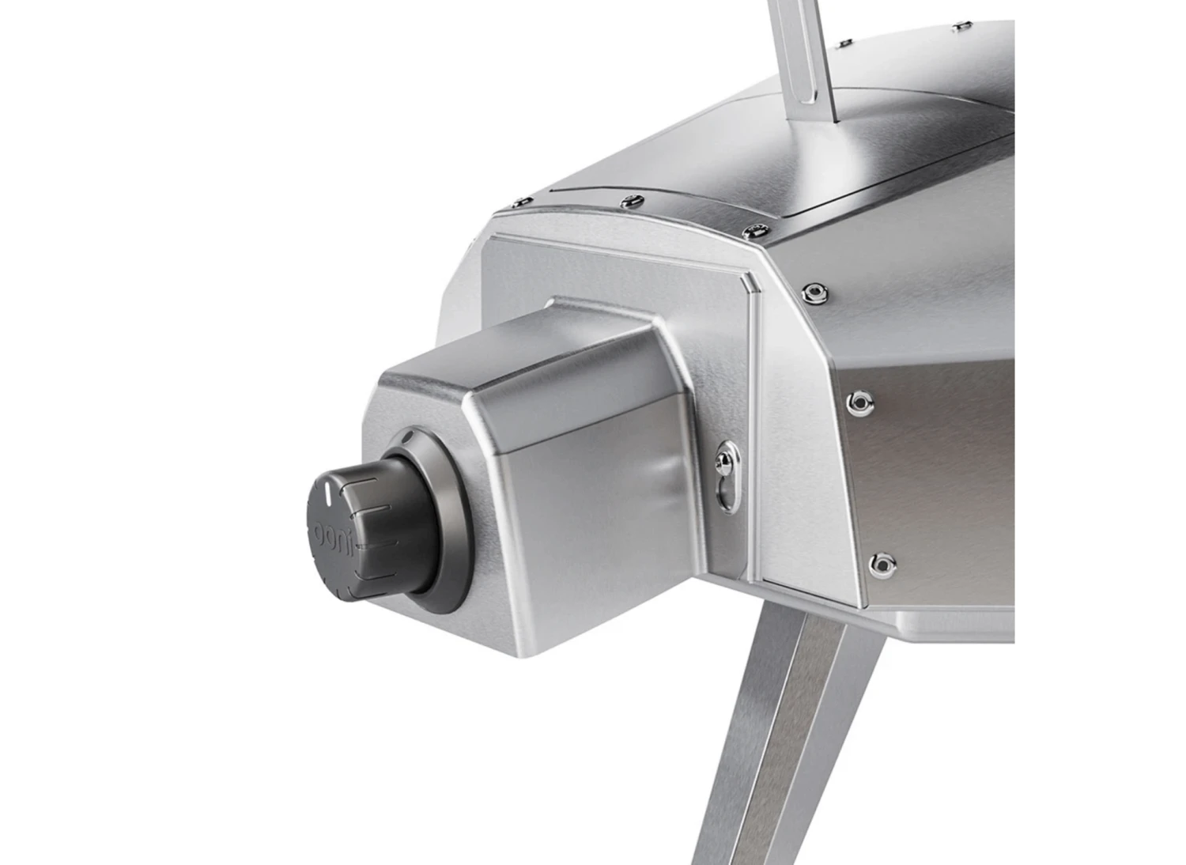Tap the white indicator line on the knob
coord(327,497)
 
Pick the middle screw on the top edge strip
coord(629,200)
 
